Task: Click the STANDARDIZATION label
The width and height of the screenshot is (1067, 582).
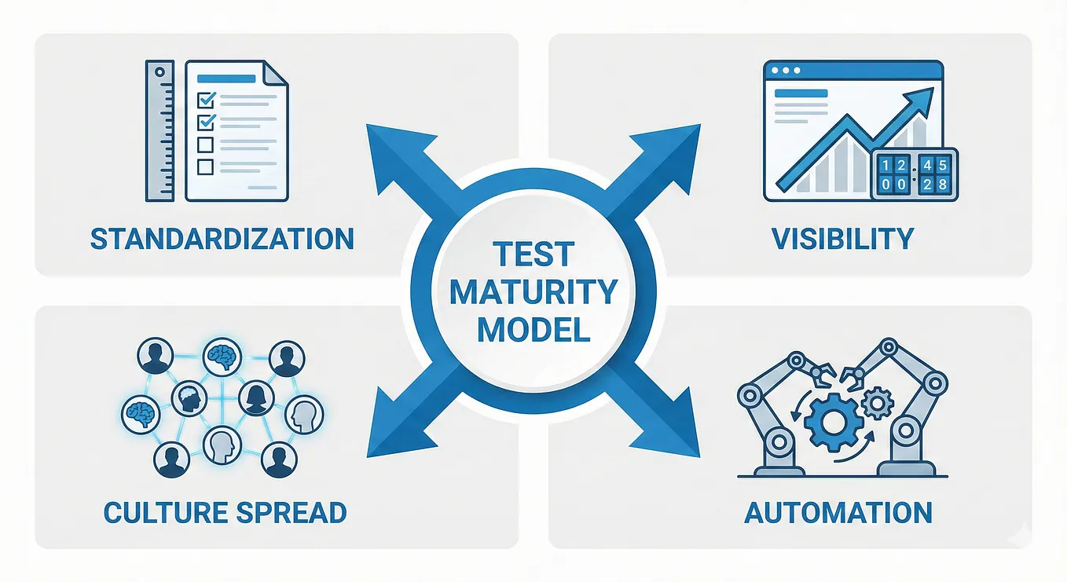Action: [222, 239]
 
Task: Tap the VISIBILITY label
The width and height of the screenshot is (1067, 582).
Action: [842, 239]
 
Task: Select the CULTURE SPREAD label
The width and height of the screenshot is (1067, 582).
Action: [225, 512]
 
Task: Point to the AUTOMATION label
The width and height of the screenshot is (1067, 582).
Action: [838, 512]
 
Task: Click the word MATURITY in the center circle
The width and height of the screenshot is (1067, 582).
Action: [533, 291]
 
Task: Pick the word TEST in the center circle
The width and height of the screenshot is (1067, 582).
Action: [533, 254]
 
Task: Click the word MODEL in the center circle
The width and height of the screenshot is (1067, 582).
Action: [533, 329]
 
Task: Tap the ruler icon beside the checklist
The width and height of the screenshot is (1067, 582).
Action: [160, 131]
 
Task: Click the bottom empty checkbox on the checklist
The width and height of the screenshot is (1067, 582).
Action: [205, 167]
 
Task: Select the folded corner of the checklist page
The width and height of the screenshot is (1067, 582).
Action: [275, 73]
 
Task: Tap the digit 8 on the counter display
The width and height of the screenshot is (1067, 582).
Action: [942, 185]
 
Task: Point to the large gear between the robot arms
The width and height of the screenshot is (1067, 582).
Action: [834, 422]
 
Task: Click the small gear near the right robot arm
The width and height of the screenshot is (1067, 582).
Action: [878, 404]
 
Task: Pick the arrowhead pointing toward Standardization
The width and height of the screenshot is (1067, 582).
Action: [394, 152]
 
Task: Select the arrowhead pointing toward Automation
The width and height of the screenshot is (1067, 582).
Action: [673, 429]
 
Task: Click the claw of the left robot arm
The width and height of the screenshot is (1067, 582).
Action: [822, 373]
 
